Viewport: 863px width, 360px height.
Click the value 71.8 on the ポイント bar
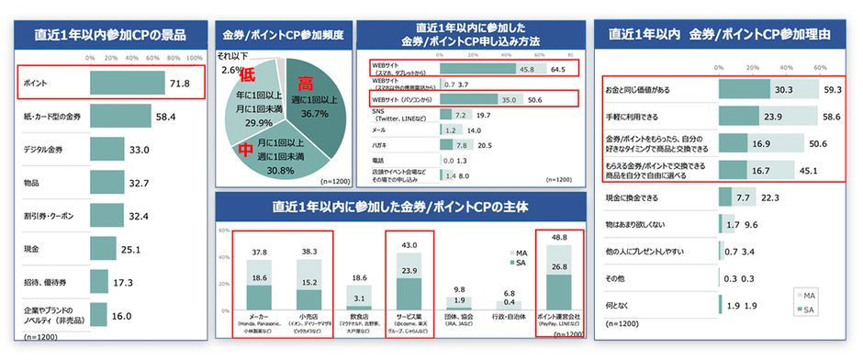178,84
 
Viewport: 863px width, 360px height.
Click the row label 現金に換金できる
633,197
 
